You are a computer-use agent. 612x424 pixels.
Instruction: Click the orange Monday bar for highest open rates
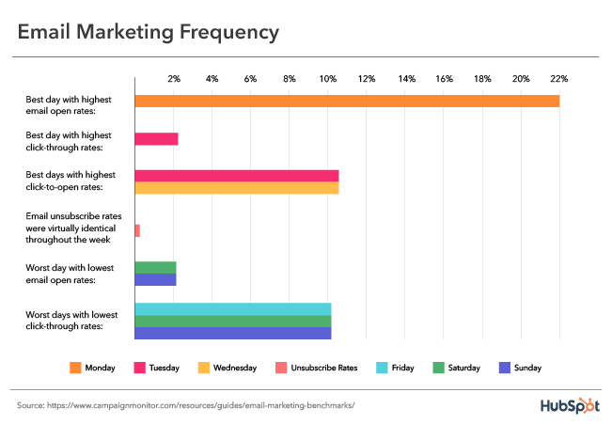[x=347, y=101]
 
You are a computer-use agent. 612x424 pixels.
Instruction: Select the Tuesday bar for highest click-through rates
[x=156, y=139]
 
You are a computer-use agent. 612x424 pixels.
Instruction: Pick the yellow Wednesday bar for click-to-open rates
[x=236, y=188]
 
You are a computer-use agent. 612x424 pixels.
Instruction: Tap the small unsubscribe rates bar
[x=137, y=230]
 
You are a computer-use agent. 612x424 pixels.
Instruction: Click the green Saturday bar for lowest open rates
[x=155, y=267]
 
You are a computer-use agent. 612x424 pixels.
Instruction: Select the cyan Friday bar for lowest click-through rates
[x=232, y=309]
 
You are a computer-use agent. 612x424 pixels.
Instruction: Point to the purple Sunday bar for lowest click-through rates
[x=232, y=333]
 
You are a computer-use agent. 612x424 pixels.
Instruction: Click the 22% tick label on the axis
[x=559, y=78]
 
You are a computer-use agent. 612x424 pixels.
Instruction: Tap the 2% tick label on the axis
[x=174, y=78]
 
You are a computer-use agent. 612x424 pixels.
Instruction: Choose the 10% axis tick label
[x=328, y=78]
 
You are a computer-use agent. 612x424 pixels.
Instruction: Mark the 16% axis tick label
[x=444, y=78]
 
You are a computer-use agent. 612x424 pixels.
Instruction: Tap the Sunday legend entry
[x=520, y=368]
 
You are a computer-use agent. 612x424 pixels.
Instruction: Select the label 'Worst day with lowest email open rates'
[x=71, y=273]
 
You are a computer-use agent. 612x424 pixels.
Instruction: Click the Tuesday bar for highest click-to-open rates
[x=236, y=176]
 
